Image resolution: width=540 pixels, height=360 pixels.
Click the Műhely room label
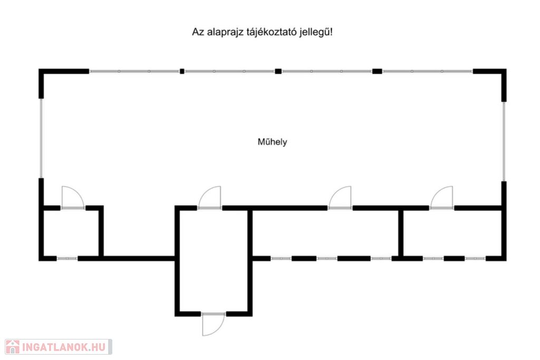[x=272, y=142]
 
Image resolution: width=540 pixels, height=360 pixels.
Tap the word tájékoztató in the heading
[x=272, y=33]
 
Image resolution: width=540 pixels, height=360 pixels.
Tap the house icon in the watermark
[x=13, y=347]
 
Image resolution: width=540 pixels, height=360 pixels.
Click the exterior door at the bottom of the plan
[x=214, y=324]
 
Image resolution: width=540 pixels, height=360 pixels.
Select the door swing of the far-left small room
[x=73, y=197]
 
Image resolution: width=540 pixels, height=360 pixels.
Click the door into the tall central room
[x=209, y=197]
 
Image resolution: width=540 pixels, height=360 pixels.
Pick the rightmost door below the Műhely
[x=441, y=197]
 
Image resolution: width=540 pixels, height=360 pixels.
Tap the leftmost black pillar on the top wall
[x=182, y=71]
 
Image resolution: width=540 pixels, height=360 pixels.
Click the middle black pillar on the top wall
[x=278, y=71]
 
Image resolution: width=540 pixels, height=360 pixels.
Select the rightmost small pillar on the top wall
[x=377, y=71]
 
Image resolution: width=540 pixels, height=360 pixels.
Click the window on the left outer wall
[x=41, y=138]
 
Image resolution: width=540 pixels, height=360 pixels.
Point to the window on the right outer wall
[x=504, y=141]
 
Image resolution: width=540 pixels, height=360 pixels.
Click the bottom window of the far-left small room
[x=67, y=258]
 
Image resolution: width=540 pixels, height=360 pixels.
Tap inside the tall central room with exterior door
[x=214, y=261]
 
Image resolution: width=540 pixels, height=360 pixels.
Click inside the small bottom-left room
[x=71, y=233]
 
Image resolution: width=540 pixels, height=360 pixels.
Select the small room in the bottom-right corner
[x=452, y=233]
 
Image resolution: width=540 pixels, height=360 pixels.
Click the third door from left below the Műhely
[x=340, y=197]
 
